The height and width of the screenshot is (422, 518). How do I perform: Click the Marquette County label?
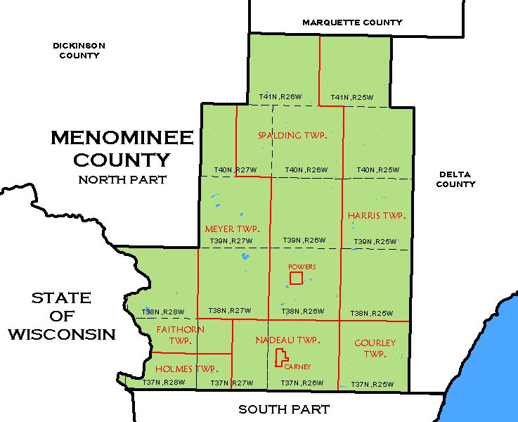[352, 23]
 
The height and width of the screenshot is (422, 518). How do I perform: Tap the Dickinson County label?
[79, 50]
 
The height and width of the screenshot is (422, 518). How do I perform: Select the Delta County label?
[456, 179]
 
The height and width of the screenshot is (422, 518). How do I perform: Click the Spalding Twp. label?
[291, 135]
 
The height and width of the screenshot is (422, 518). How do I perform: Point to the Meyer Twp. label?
[232, 229]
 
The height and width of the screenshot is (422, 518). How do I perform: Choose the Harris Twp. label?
[377, 215]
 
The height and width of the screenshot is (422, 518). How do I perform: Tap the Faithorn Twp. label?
[181, 335]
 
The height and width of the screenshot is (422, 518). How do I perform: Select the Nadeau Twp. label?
[287, 340]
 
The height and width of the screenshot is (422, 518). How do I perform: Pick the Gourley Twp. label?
[375, 348]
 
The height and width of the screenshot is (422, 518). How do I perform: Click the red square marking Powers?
[296, 278]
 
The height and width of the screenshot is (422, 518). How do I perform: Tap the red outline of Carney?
[280, 358]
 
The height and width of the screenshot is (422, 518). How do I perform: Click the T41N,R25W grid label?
[351, 97]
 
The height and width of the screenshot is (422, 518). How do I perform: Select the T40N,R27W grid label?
[234, 170]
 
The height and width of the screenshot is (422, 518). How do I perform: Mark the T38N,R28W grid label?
[163, 312]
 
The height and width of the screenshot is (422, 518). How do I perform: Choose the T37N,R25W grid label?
[371, 383]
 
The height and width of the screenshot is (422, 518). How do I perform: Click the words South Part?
[283, 409]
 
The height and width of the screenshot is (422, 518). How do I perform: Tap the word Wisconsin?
[62, 334]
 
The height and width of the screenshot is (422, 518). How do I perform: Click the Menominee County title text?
[122, 148]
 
